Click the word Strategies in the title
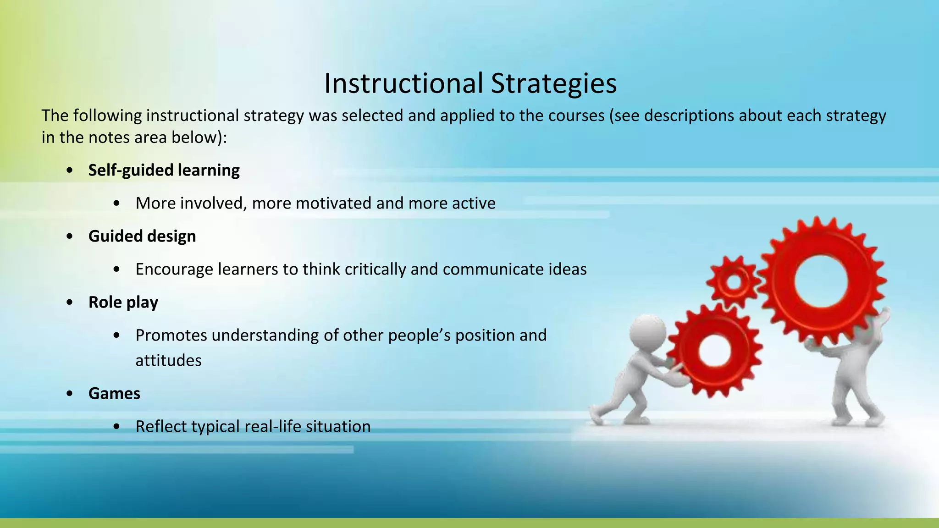click(553, 83)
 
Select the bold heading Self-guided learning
click(164, 170)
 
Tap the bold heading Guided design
click(142, 236)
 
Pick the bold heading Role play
click(123, 302)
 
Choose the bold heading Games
click(114, 393)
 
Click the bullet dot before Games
click(70, 394)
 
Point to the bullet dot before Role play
click(70, 302)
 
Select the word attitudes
click(168, 360)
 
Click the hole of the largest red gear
click(822, 280)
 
